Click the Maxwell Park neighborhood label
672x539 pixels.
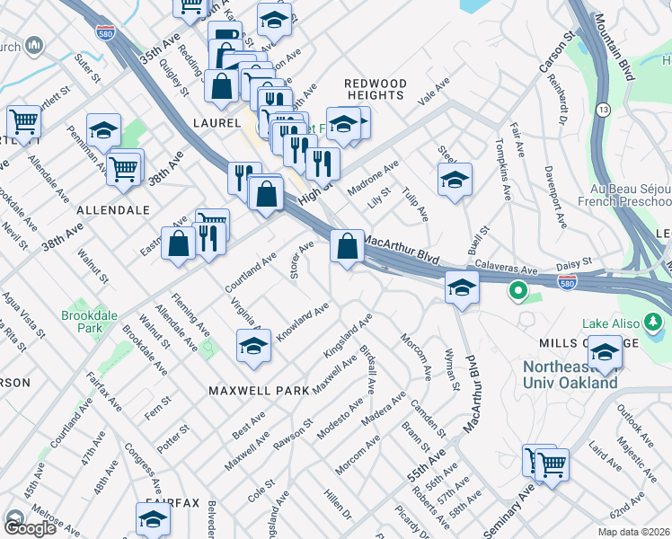tap(259, 390)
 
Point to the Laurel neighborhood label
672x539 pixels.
tap(217, 122)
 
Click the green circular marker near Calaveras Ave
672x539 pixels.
tap(517, 291)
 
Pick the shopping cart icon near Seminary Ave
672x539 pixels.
tap(552, 464)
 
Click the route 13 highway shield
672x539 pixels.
tap(603, 109)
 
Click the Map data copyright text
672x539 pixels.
tap(633, 532)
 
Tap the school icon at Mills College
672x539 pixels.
tap(605, 350)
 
